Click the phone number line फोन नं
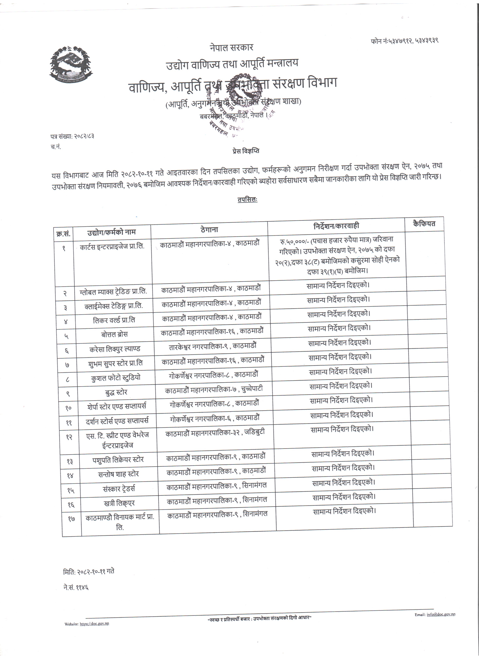click(404, 41)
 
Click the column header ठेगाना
click(209, 230)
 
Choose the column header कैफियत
click(424, 224)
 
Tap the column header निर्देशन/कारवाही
click(336, 226)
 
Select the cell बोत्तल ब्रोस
click(114, 334)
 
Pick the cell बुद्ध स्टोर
click(116, 392)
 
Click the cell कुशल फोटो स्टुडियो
click(116, 378)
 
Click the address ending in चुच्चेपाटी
click(214, 390)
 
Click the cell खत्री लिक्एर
click(119, 503)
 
